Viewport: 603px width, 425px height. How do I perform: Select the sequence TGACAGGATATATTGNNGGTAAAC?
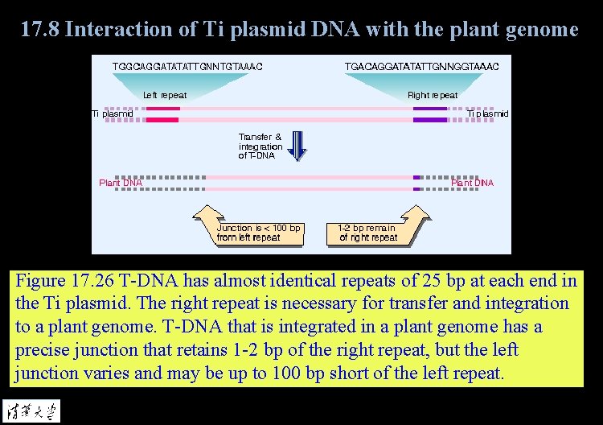[x=422, y=65]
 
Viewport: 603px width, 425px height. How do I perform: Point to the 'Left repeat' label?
[x=165, y=95]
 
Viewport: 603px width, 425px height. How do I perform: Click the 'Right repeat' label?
[x=433, y=95]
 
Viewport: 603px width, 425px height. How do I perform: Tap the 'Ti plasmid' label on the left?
[x=113, y=113]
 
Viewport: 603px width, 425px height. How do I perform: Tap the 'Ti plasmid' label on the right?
[x=488, y=113]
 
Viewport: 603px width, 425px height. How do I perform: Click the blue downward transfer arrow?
[x=298, y=145]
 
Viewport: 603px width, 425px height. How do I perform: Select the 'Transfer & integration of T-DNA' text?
[x=260, y=146]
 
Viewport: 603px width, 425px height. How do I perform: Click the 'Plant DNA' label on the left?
[x=121, y=183]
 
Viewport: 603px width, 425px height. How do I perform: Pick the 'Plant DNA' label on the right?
[x=473, y=183]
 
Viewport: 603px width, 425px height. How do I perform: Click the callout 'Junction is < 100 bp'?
[x=259, y=233]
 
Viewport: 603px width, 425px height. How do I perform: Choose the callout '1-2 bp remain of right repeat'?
[x=368, y=233]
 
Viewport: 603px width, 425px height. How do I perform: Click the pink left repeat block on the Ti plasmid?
[x=162, y=113]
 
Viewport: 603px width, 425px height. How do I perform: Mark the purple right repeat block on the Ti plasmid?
[x=430, y=113]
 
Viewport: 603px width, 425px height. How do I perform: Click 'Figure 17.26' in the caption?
[x=64, y=281]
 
